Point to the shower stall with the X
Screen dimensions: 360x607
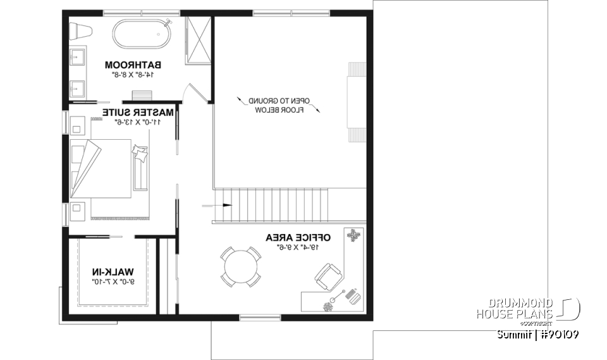tap(199, 39)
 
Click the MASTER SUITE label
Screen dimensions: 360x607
tap(137, 112)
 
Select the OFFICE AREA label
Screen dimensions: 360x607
tap(298, 237)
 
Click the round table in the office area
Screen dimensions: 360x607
tap(240, 267)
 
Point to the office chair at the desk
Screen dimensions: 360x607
tap(328, 276)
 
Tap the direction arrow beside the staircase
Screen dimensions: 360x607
tap(210, 205)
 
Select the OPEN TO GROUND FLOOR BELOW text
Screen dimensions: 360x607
tap(279, 105)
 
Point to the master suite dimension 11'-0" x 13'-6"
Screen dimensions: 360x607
tap(137, 121)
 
